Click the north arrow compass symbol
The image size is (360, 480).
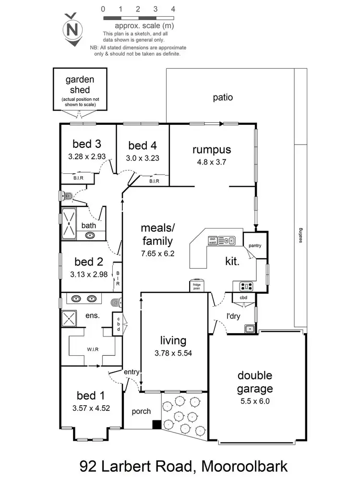click(72, 29)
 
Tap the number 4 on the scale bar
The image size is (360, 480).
click(173, 9)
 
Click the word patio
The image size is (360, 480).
click(223, 97)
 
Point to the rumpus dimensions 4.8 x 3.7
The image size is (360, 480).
click(212, 162)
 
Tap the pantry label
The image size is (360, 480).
click(255, 246)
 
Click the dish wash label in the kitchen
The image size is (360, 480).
click(212, 240)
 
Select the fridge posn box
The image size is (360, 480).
click(197, 287)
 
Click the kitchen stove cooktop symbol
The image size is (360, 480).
click(246, 287)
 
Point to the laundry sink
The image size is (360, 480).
click(249, 329)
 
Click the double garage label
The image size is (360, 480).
click(254, 382)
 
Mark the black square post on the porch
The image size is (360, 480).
click(156, 424)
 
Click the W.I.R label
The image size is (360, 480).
click(93, 349)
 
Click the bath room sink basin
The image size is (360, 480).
click(90, 235)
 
